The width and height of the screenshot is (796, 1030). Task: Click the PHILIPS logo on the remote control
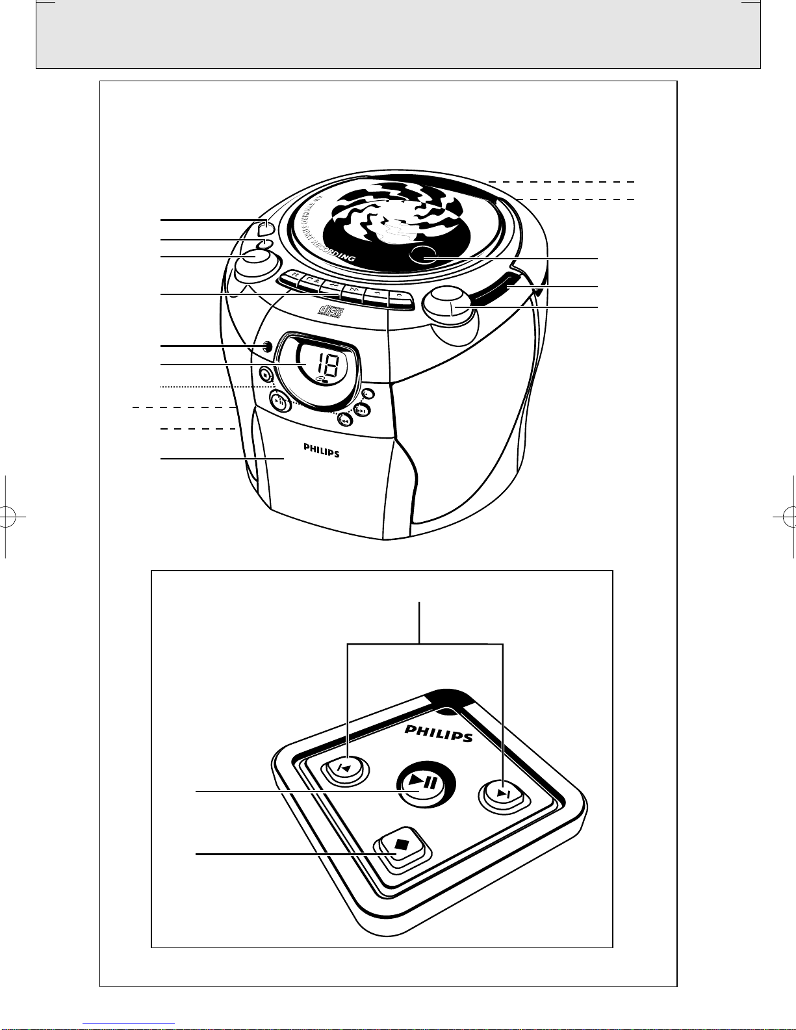tap(439, 733)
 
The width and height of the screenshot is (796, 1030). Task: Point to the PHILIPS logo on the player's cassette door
tap(321, 450)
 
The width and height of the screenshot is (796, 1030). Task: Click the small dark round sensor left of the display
tap(267, 347)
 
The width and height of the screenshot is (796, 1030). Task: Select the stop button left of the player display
tap(264, 374)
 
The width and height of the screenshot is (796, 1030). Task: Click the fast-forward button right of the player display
tap(361, 410)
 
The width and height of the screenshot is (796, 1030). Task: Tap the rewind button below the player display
tap(344, 420)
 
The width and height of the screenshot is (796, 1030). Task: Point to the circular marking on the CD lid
tap(424, 255)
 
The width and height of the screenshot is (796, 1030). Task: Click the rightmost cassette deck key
tap(400, 296)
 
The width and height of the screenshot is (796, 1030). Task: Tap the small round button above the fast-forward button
tap(368, 394)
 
